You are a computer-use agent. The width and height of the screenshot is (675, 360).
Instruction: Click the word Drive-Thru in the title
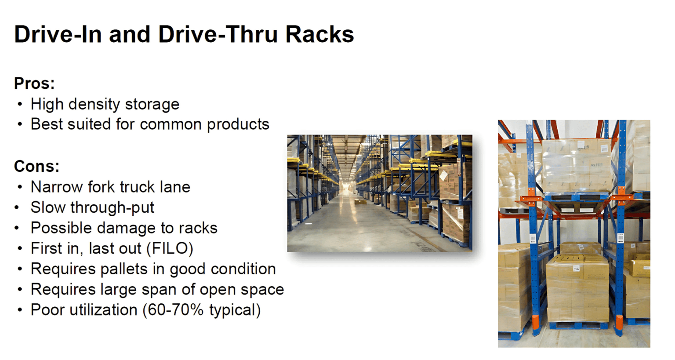coord(218,34)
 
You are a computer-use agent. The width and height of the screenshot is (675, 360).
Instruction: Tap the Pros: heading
coord(34,83)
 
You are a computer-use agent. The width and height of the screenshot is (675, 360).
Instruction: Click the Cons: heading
coord(36,166)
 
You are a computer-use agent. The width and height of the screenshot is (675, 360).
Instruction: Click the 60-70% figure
coord(175,310)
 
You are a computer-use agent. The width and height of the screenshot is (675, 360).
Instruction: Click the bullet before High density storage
coord(19,105)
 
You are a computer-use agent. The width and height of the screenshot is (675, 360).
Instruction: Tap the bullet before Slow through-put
coord(17,207)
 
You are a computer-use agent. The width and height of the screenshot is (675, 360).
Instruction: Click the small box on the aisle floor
coord(360,202)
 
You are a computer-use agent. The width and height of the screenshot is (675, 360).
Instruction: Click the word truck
coord(135,187)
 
